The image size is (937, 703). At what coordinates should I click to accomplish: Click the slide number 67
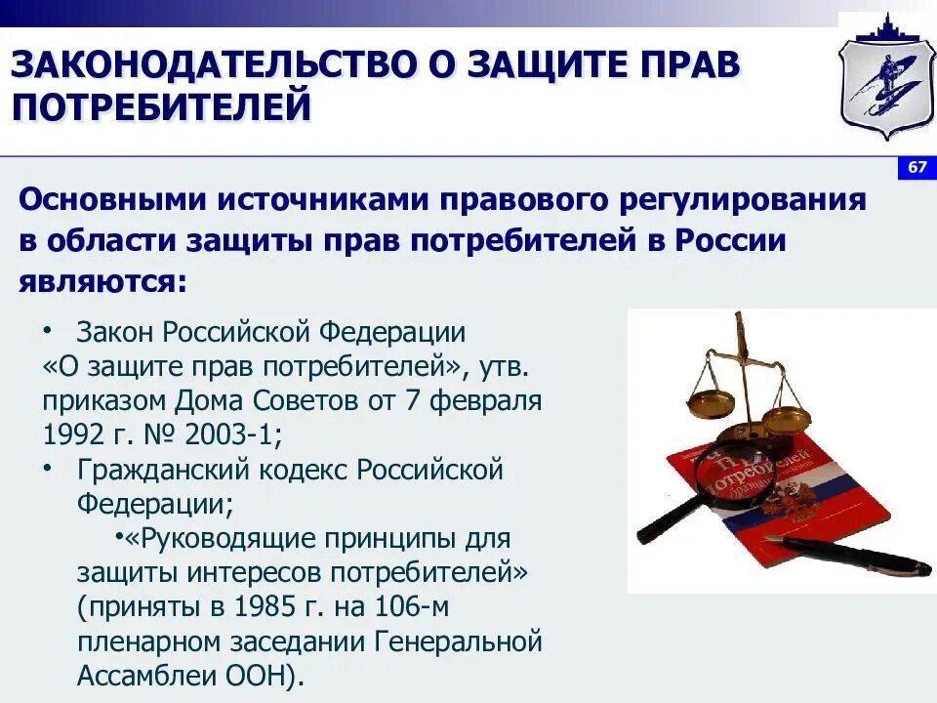917,168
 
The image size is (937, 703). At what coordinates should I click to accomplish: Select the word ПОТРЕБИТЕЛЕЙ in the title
161,105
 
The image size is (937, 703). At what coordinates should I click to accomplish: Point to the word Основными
113,200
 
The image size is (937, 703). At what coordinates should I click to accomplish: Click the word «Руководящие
206,538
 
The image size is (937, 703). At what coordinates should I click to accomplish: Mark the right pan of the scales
786,418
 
